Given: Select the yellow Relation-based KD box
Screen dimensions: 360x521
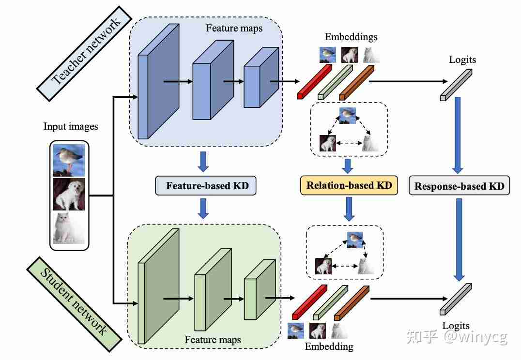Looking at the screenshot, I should point(349,185).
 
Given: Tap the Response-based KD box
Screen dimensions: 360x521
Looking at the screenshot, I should point(459,186).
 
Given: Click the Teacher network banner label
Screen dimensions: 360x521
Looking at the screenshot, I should point(85,53).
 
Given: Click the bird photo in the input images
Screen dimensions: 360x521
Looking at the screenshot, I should point(69,160).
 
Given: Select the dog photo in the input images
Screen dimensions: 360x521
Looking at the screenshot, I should point(69,194).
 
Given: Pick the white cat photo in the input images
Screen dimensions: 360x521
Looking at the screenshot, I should point(69,228).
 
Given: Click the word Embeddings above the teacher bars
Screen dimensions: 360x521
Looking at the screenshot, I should point(351,37).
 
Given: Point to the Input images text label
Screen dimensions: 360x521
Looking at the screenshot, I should point(71,127).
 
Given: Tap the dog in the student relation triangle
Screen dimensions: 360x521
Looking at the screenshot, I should point(323,266).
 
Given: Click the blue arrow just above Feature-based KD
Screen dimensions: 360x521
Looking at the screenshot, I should point(203,162).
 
